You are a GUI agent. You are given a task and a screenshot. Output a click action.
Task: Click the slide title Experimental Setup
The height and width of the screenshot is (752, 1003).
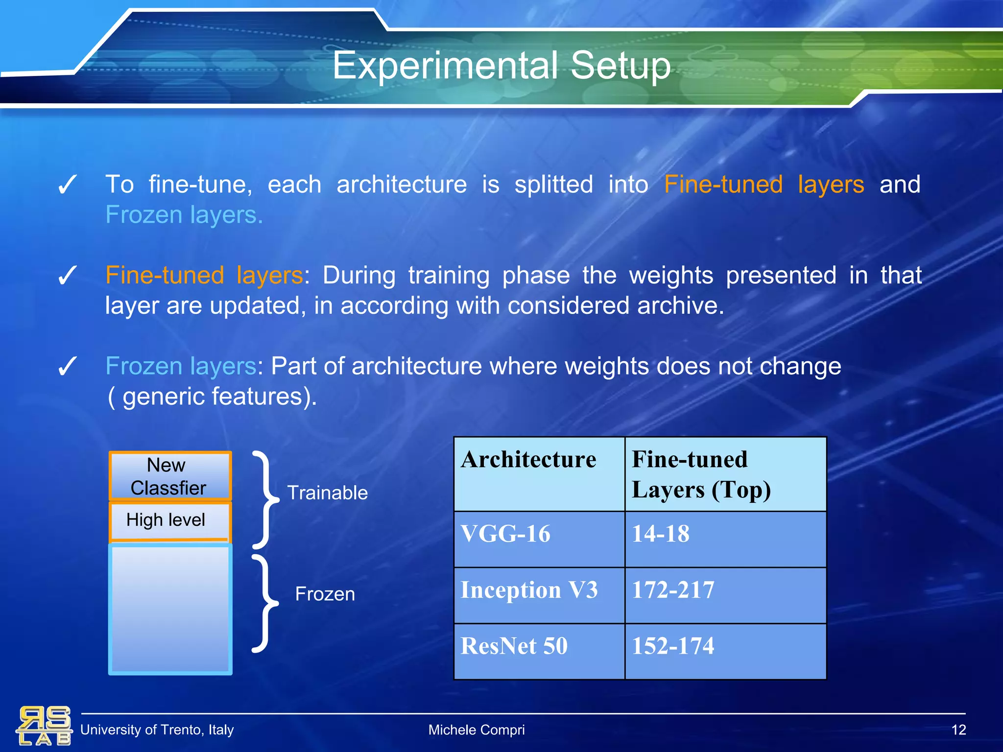(x=501, y=66)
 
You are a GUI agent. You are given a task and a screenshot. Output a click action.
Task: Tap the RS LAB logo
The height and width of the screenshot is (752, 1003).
(x=44, y=726)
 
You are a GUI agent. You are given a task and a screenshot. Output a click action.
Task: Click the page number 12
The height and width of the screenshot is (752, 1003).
(x=958, y=730)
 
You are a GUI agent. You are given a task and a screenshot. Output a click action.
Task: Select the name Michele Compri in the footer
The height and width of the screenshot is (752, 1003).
(x=476, y=730)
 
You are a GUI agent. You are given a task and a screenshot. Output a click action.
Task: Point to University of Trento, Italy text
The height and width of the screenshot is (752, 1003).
(x=157, y=730)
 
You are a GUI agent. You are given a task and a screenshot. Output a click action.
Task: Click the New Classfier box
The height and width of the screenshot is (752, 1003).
(x=169, y=476)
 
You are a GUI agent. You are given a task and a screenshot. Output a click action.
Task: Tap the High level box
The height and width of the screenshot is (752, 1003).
(x=167, y=520)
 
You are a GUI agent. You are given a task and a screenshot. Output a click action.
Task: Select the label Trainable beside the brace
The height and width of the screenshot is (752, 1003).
(x=327, y=493)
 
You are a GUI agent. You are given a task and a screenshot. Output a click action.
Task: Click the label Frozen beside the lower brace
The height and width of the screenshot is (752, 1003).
(x=325, y=594)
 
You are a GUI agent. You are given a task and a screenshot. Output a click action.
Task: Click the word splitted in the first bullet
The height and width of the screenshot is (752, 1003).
(x=553, y=185)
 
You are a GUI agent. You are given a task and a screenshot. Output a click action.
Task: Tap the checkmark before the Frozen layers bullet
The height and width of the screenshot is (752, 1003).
(x=67, y=366)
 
